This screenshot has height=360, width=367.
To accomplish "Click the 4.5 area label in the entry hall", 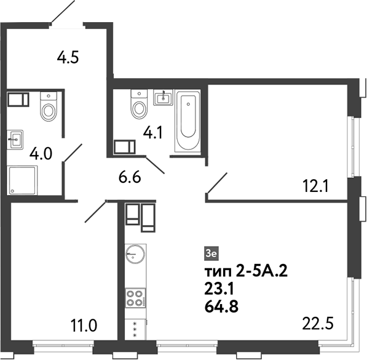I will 69,58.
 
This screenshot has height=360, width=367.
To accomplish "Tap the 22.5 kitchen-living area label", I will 315,323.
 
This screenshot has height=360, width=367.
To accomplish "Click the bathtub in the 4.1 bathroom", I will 187,121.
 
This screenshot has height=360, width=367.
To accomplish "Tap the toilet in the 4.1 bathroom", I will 139,106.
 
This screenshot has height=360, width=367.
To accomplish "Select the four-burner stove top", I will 135,298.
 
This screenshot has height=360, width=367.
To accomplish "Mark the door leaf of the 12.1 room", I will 217,183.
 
